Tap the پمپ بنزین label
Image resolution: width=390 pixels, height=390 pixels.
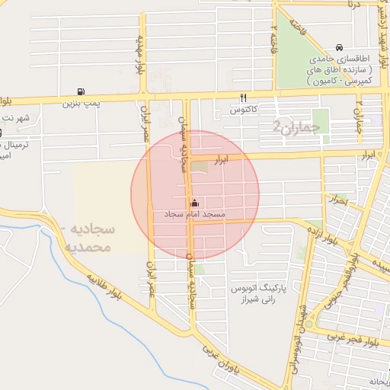[x=81, y=102]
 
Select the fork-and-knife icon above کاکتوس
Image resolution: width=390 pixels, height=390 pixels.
[x=244, y=97]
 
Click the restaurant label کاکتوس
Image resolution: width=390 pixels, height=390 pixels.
[x=244, y=110]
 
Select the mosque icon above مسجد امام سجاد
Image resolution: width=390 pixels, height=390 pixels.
[x=195, y=203]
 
